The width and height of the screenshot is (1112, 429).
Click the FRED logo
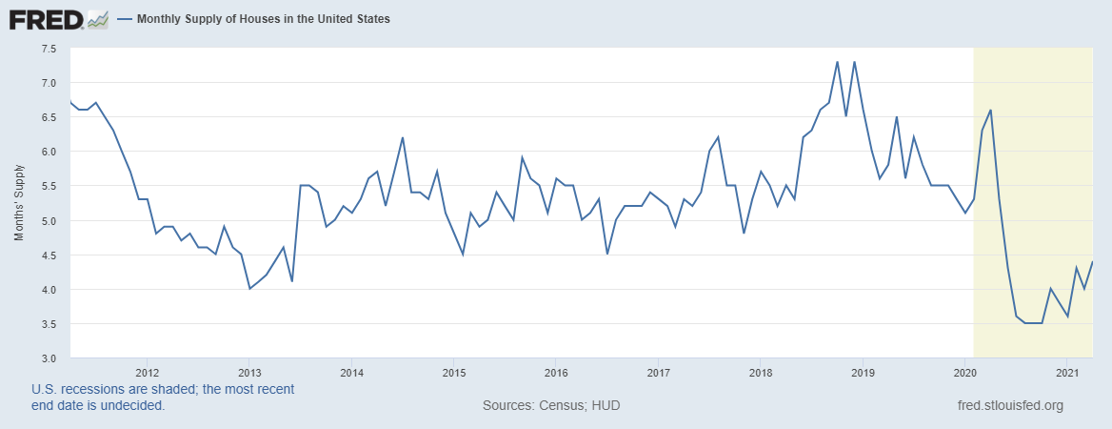(46, 19)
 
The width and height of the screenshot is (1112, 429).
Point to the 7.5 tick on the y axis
(49, 48)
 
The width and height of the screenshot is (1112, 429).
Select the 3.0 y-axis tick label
(49, 358)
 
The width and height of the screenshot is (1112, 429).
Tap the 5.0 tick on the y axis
(49, 220)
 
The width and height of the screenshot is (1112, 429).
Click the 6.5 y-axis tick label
(49, 117)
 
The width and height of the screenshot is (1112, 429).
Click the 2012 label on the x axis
(147, 372)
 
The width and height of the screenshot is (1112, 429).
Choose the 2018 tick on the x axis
(760, 372)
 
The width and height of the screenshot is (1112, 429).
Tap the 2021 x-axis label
(1066, 372)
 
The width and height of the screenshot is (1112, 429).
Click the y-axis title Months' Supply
(19, 203)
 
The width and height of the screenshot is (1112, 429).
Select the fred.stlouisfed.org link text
(1009, 405)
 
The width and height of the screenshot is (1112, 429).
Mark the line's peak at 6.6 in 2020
(991, 111)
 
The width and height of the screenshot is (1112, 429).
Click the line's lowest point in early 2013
(249, 289)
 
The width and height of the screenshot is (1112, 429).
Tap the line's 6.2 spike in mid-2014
(403, 137)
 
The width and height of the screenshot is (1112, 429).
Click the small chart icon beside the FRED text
(97, 19)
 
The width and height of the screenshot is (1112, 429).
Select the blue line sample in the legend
(125, 19)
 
